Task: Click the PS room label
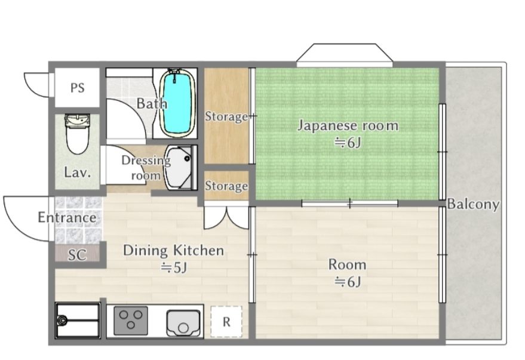tap(77, 88)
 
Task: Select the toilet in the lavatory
tap(76, 135)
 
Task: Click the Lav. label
tap(78, 173)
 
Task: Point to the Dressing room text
tap(142, 167)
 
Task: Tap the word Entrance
tap(67, 217)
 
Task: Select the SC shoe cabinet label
tap(77, 255)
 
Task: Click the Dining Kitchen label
tap(173, 250)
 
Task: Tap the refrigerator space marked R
tap(226, 322)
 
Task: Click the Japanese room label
tap(348, 125)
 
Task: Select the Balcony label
tap(474, 204)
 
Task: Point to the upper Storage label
tap(226, 116)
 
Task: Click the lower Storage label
tap(226, 186)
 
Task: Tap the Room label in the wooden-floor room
tap(347, 264)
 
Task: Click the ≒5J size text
tap(173, 268)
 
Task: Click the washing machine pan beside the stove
tap(78, 321)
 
